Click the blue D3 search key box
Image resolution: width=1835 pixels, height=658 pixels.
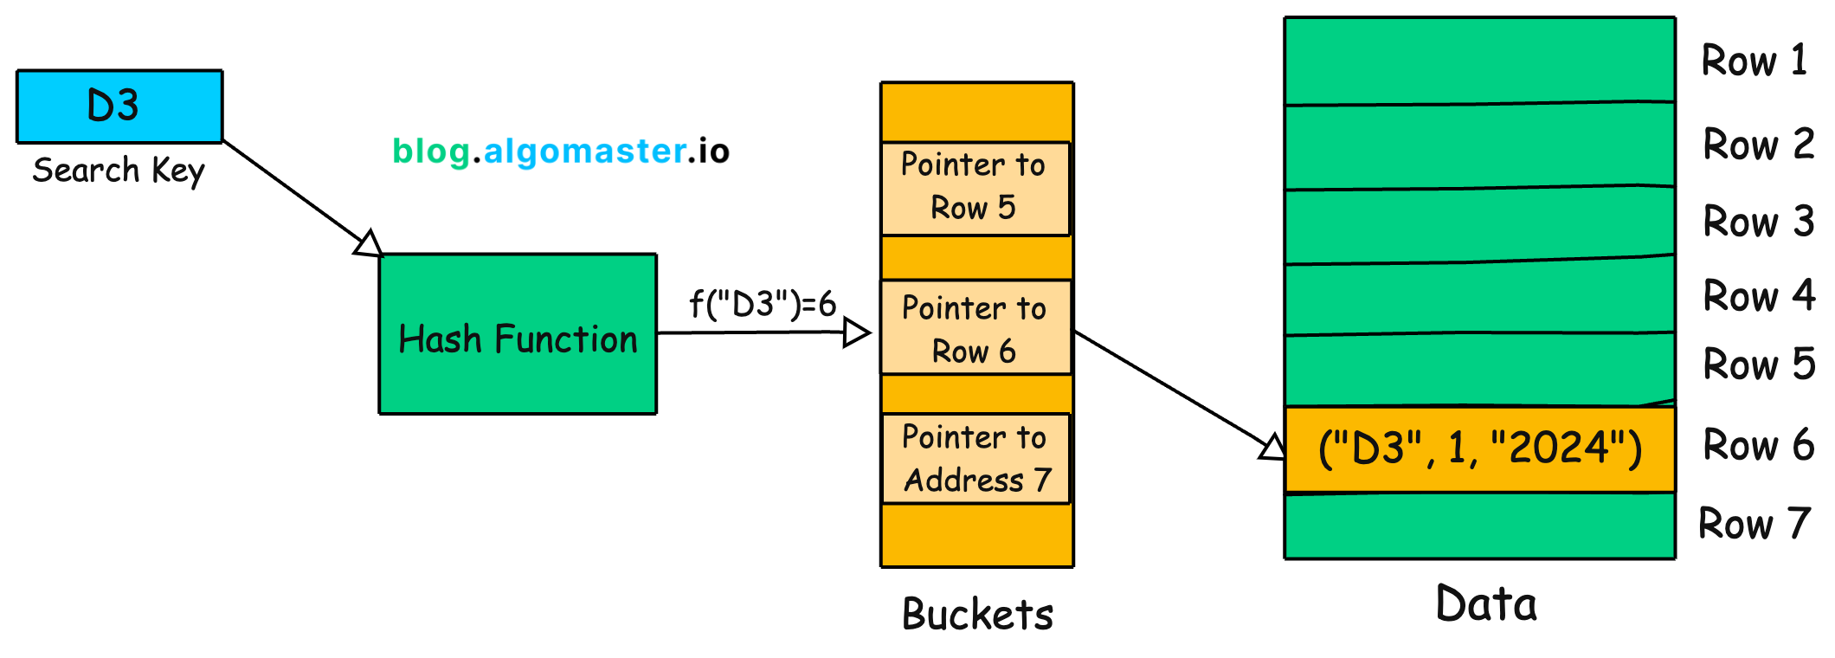click(x=119, y=106)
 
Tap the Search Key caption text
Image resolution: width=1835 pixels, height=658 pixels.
click(x=119, y=171)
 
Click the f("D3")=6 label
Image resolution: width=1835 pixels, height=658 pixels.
click(x=763, y=305)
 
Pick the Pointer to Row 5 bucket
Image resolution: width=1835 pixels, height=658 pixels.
click(x=975, y=188)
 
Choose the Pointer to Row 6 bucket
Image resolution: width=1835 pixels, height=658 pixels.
click(x=975, y=328)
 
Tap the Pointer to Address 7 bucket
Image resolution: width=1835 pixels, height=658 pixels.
click(x=975, y=459)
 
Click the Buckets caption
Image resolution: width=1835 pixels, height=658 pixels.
click(x=977, y=615)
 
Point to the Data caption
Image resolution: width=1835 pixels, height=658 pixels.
click(x=1485, y=604)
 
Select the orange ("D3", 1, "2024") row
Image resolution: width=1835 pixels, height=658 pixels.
click(x=1479, y=449)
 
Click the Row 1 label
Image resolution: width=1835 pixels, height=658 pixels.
click(x=1754, y=61)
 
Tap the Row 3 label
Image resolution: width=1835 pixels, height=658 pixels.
click(x=1758, y=222)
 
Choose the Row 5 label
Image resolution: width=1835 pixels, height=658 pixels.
click(x=1758, y=364)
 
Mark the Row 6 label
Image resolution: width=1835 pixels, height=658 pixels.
click(x=1758, y=445)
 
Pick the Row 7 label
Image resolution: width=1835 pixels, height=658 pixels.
click(x=1754, y=524)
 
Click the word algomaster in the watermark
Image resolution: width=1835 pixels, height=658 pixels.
click(x=585, y=152)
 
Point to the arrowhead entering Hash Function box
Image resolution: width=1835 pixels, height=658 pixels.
click(x=370, y=244)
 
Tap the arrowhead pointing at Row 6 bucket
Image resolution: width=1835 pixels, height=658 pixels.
click(x=856, y=332)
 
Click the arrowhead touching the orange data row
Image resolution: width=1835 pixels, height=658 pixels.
click(x=1272, y=448)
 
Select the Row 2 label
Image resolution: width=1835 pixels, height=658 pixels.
click(x=1758, y=145)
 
